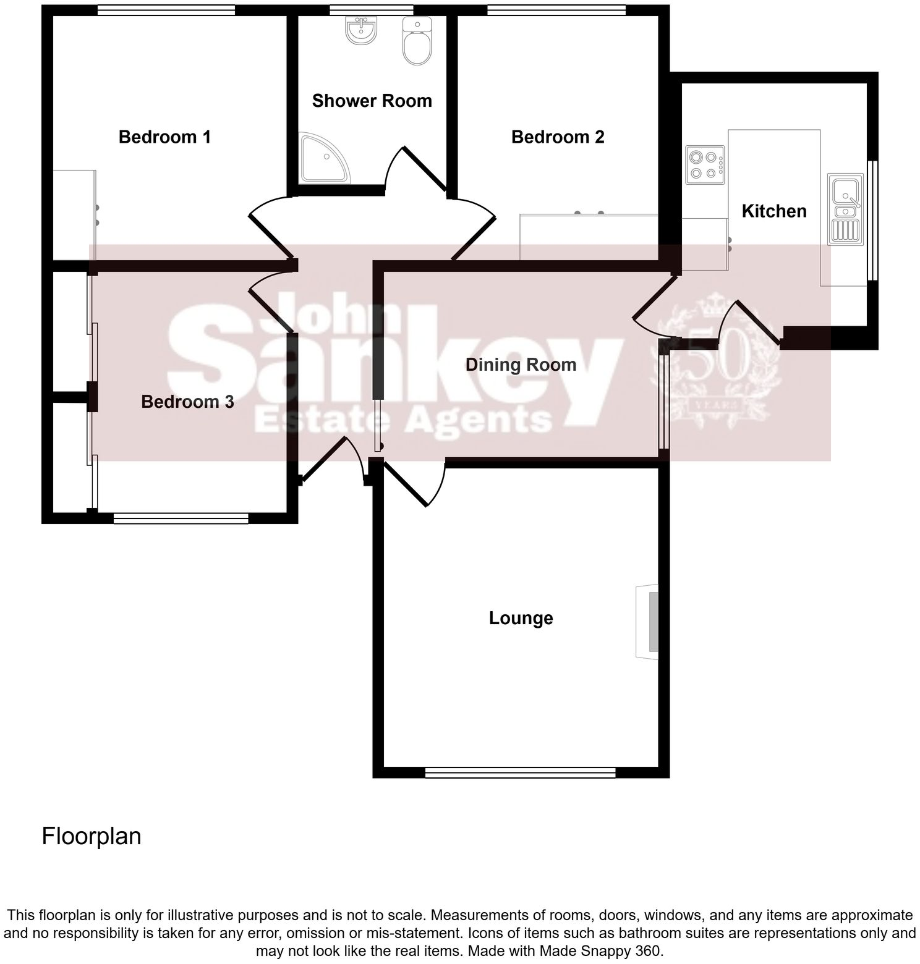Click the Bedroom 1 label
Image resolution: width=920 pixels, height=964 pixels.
pos(164,137)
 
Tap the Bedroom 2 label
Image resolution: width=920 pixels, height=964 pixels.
pos(558,137)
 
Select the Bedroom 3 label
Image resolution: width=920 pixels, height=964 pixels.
pos(187,402)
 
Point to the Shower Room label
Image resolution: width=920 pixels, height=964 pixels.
pos(372,101)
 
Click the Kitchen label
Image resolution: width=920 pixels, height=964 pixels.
pos(773,211)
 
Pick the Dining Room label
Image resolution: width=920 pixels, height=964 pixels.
pos(521,365)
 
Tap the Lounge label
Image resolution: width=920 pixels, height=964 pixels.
pos(521,618)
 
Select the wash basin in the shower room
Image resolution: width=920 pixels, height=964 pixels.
pos(361,30)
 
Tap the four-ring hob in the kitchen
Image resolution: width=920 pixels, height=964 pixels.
pos(705,165)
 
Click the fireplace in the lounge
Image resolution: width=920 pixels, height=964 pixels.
pos(647,621)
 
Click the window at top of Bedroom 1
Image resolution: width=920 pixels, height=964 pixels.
pos(166,10)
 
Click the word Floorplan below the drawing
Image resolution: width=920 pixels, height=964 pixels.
pos(91,836)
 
